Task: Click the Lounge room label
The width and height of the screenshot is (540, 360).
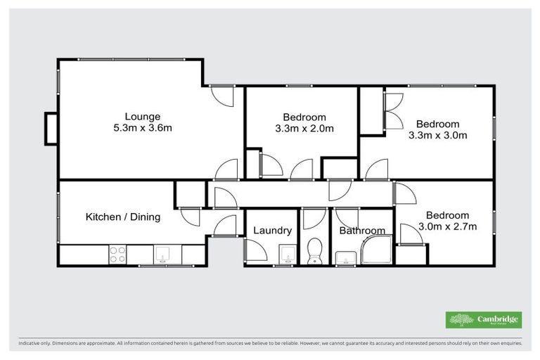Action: [143, 117]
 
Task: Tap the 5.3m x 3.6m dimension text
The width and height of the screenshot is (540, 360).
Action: [143, 128]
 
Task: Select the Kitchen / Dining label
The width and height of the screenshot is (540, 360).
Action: [123, 217]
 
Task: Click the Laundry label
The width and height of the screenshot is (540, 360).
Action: [272, 230]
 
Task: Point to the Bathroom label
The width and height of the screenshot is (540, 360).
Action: [362, 230]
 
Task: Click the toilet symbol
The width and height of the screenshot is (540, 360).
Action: [314, 251]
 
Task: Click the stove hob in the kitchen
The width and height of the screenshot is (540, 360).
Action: [117, 254]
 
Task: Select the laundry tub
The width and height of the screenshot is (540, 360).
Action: [285, 255]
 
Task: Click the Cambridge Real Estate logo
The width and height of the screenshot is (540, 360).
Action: [483, 319]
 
